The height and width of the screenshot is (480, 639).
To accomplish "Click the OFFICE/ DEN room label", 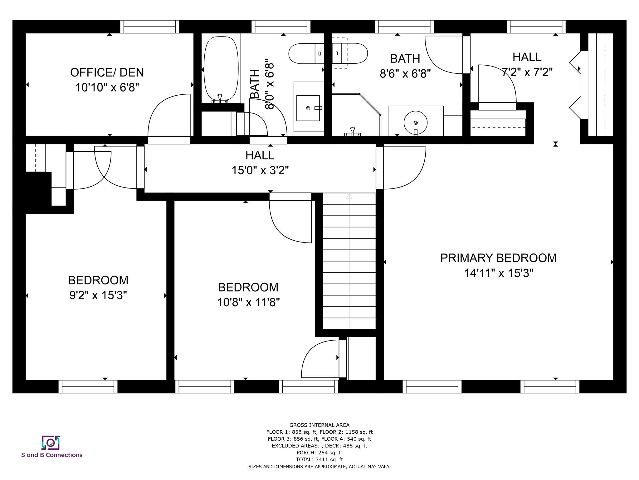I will (x=107, y=72).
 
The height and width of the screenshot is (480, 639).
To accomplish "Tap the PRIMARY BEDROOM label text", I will (x=498, y=258).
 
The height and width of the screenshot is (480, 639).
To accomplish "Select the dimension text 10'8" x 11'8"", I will (x=248, y=302).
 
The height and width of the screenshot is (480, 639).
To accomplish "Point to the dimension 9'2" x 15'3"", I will (x=98, y=295).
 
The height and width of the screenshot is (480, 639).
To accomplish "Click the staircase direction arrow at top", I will (x=349, y=197).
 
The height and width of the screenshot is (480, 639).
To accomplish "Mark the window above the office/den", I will (x=150, y=27).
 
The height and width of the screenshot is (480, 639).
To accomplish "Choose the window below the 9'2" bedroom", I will (x=88, y=387).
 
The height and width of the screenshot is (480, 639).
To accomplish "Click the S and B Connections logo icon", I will (x=51, y=442).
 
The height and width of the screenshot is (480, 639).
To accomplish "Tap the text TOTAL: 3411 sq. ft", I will (x=319, y=459).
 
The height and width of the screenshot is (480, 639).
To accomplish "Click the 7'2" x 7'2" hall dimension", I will (x=527, y=72).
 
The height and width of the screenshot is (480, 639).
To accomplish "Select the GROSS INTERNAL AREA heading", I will (x=319, y=425).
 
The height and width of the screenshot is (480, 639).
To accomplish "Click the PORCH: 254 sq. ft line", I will (x=319, y=452).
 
